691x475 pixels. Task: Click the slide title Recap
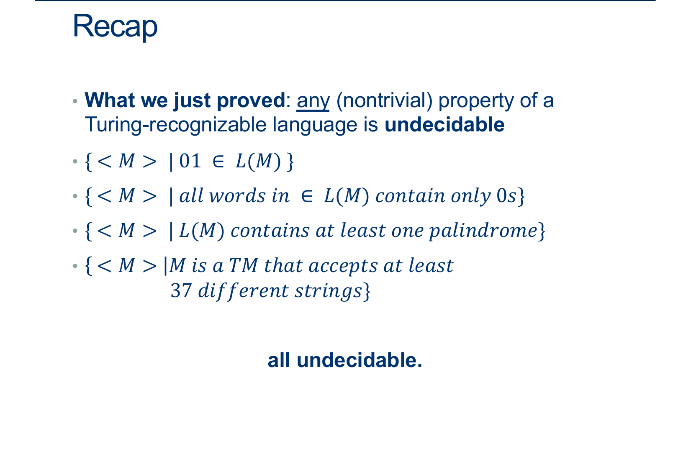coord(115,27)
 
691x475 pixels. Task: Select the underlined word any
coord(313,101)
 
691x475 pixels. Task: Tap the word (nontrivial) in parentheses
coord(384,100)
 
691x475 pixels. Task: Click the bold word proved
coord(251,100)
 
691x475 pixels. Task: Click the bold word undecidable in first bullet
coord(444,125)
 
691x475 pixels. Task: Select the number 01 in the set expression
coord(190,161)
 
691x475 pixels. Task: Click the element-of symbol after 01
coord(218,162)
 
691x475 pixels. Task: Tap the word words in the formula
coord(237,195)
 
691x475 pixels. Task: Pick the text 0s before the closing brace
coord(506,195)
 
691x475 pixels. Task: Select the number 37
coord(181,290)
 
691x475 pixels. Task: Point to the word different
coord(244,291)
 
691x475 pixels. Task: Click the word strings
coord(328,291)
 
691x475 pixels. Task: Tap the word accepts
coord(343,266)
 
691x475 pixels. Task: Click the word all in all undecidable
coord(279,360)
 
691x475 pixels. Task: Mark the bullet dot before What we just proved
coord(75,101)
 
